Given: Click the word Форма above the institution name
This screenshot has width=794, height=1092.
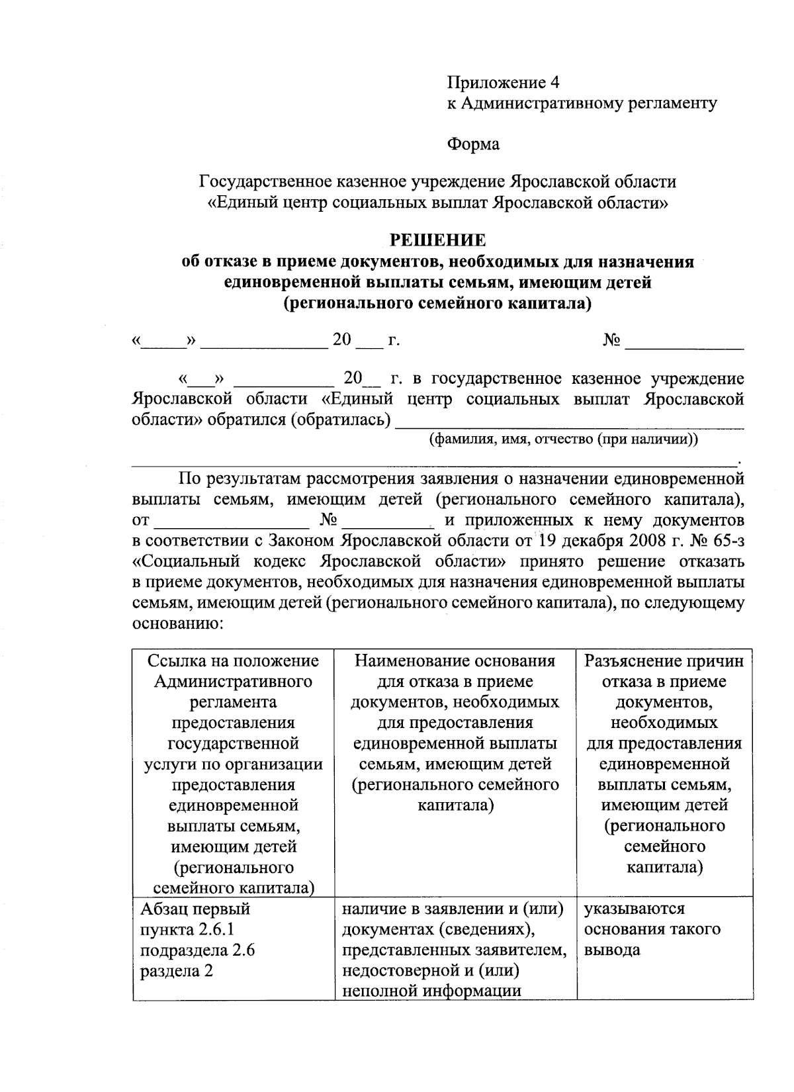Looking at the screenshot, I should pos(473,144).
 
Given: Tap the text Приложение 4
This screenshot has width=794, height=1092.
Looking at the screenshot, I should pos(504,83).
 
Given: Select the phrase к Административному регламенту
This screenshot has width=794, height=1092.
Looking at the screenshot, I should pos(582,103).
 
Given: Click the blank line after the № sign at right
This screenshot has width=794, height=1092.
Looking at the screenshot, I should pos(685,343).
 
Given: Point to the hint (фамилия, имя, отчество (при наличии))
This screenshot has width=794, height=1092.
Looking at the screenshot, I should pos(563,439).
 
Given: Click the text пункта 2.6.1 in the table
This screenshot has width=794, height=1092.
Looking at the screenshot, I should pos(187,930).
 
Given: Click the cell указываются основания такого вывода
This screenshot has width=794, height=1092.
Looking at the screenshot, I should pos(652,929).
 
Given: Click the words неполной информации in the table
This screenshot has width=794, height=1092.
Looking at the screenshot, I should pos(432,991).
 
